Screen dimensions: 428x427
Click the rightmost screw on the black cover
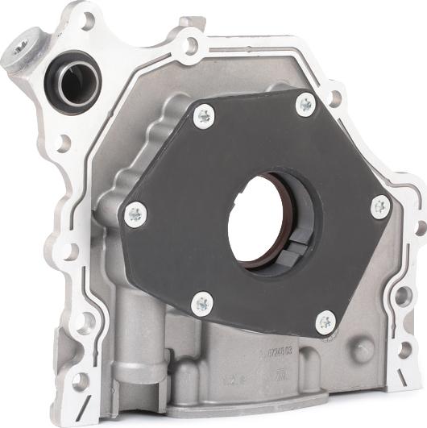380,207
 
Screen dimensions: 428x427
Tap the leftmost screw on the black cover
135,214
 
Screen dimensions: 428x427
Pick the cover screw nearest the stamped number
324,321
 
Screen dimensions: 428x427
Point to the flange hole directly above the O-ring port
86,19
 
